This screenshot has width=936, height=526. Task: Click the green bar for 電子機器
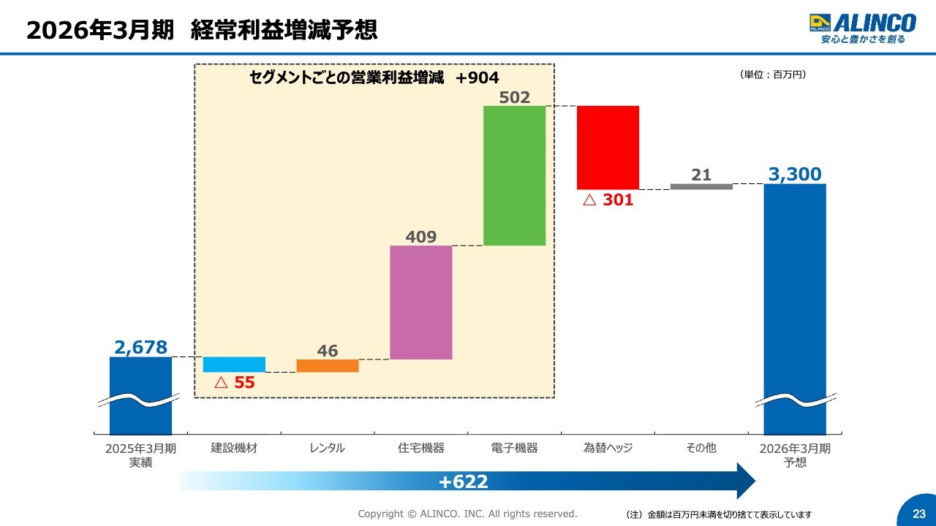[515, 175]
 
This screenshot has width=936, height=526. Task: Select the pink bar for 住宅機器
[421, 302]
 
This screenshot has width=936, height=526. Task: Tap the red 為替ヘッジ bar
[608, 148]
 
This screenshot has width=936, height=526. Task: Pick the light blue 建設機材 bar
[234, 365]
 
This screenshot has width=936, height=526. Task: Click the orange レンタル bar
[328, 366]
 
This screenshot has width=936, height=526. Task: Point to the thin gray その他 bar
[701, 187]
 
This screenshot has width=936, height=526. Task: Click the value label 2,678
[140, 347]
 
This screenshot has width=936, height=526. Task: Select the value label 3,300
[795, 175]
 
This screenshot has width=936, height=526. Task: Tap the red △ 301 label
[608, 200]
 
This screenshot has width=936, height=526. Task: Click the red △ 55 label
[234, 382]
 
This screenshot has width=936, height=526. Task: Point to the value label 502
[515, 96]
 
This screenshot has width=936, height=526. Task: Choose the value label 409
[421, 237]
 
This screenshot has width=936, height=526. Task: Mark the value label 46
[328, 351]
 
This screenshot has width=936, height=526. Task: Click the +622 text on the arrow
[464, 481]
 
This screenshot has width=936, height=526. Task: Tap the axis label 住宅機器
[421, 448]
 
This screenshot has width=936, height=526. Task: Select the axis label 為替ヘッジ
[608, 448]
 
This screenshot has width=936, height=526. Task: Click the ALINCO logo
[862, 28]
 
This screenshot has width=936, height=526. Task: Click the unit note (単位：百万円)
[773, 75]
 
